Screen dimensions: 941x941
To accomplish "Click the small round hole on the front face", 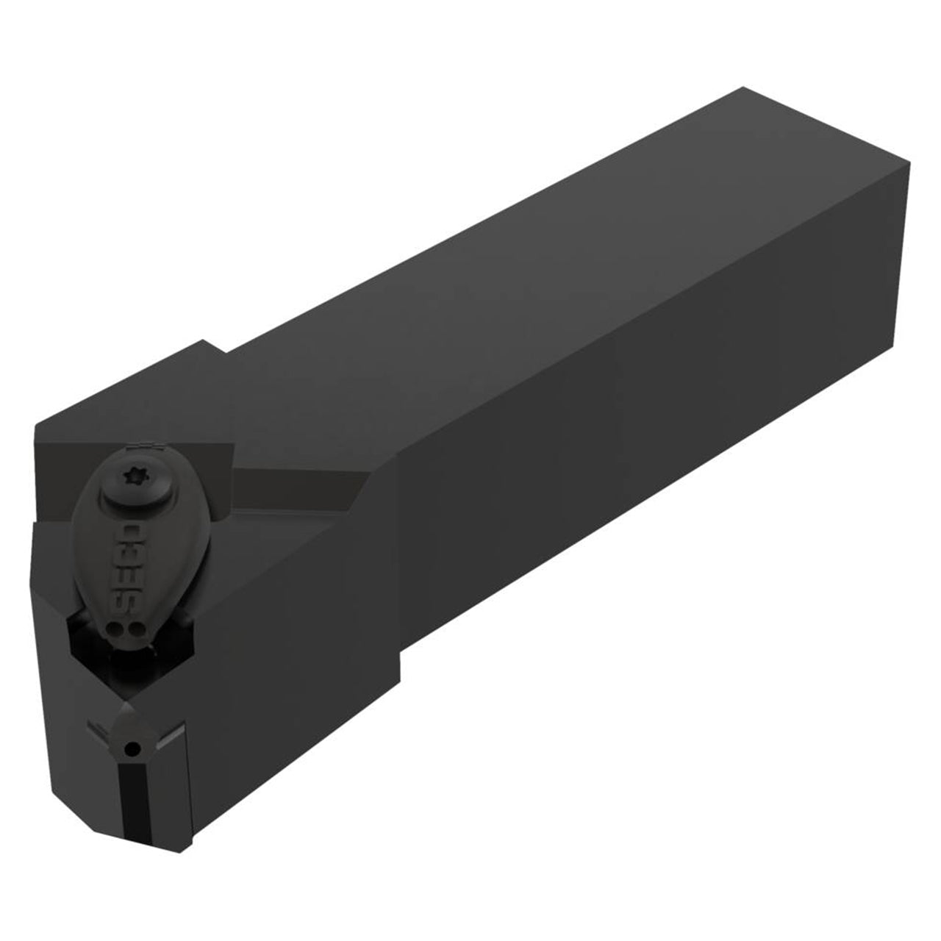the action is (x=132, y=748).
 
